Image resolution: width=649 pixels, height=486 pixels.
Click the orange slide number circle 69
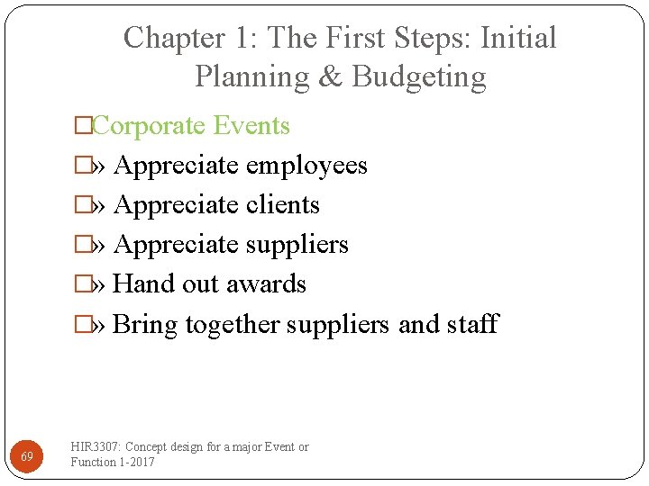tap(27, 456)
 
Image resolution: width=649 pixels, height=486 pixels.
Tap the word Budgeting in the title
tap(419, 76)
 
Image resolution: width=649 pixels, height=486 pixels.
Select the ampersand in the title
tap(330, 76)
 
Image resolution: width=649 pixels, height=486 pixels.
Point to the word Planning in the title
tap(251, 77)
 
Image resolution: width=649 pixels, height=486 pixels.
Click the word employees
tap(306, 166)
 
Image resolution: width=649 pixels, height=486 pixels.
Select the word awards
tap(268, 284)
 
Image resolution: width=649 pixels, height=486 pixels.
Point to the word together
tap(233, 324)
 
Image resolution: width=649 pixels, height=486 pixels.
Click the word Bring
tap(146, 324)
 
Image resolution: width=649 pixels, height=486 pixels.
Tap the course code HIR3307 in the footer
tap(95, 447)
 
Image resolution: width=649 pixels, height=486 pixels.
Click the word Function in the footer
tap(93, 462)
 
